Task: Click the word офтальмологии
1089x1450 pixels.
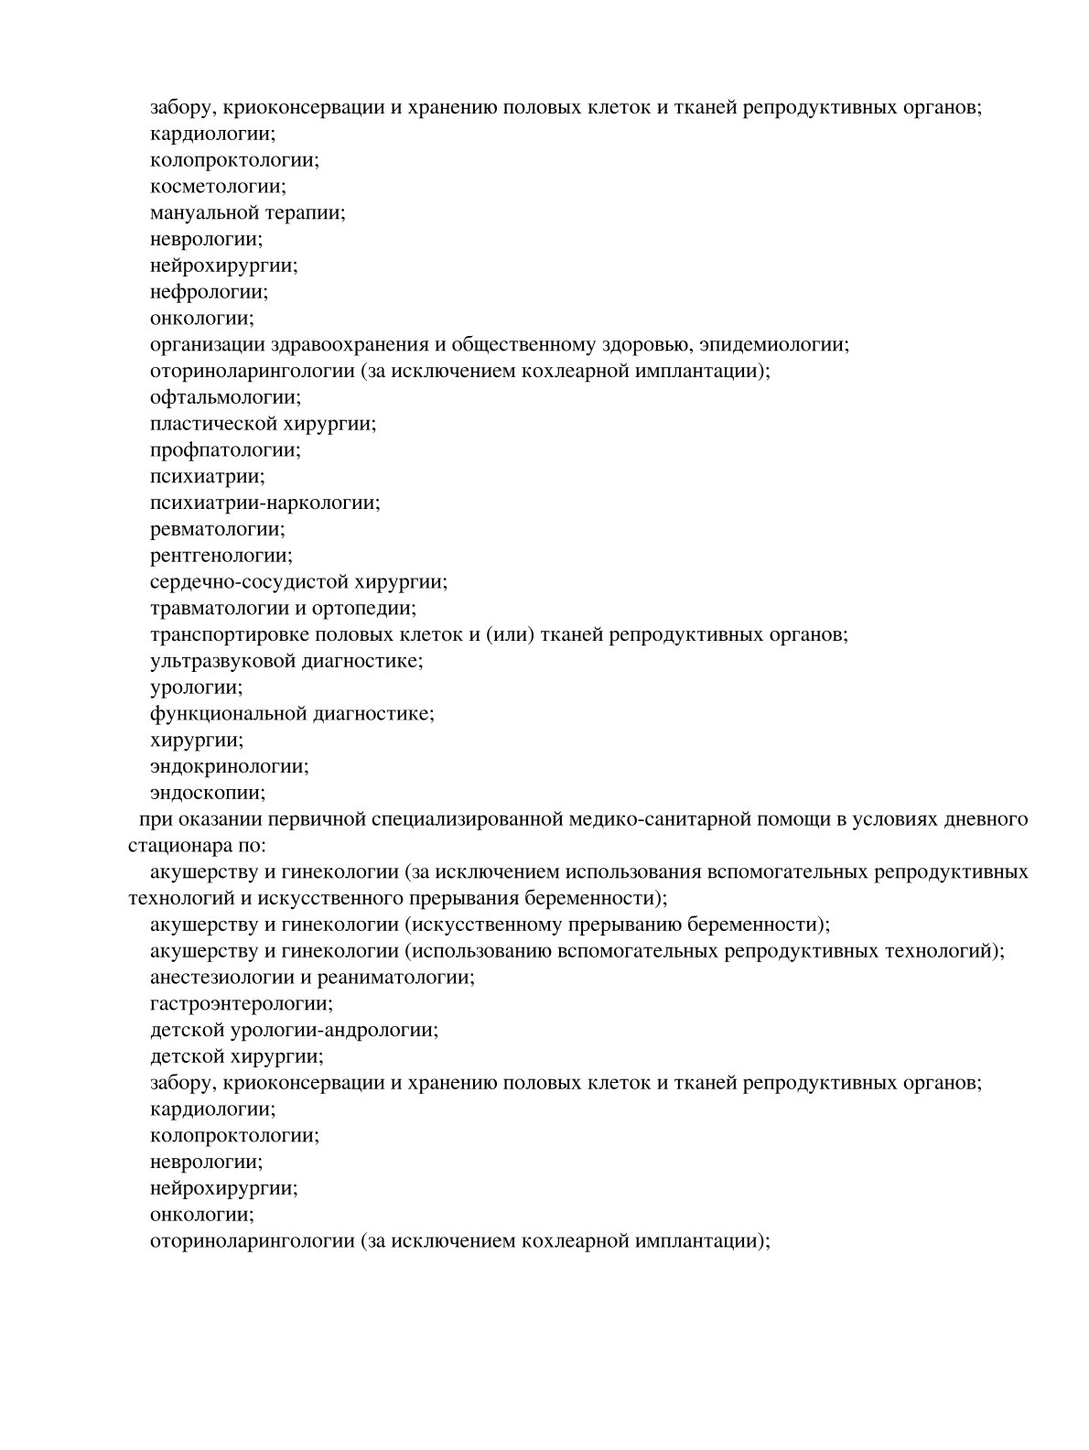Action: click(225, 398)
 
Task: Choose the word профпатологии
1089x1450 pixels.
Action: click(225, 450)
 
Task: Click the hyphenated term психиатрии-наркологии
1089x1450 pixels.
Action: click(264, 503)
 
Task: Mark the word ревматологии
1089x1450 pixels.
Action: click(218, 530)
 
